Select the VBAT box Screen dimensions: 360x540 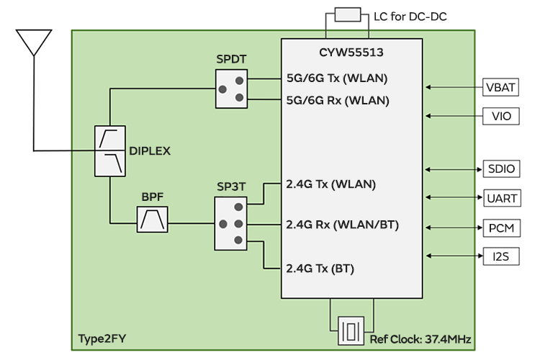click(x=500, y=88)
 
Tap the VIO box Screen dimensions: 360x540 click(x=500, y=115)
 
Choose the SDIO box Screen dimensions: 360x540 click(x=500, y=169)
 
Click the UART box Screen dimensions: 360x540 click(x=500, y=197)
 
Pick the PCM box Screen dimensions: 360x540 click(x=500, y=228)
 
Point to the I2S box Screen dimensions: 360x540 click(x=500, y=255)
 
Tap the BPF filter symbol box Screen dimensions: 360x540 click(x=153, y=219)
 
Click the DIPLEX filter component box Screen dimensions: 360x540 click(x=110, y=150)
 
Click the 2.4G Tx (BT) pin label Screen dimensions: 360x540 click(x=320, y=269)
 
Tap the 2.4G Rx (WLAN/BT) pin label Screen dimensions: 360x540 click(x=342, y=225)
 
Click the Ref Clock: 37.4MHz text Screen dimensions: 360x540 click(x=420, y=339)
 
